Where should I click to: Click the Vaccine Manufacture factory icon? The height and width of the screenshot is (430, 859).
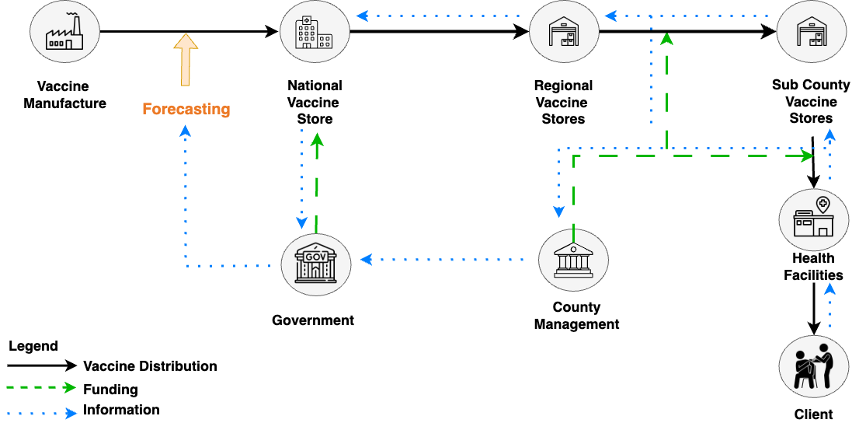[x=64, y=33]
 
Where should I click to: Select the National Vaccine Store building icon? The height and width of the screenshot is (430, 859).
[x=315, y=33]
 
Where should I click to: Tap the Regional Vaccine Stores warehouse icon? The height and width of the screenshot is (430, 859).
[x=564, y=33]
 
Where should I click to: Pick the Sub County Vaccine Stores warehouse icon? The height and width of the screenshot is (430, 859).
[x=812, y=33]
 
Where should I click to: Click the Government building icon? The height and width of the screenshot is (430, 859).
[x=315, y=260]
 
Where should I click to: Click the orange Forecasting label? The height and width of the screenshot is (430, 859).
[x=186, y=109]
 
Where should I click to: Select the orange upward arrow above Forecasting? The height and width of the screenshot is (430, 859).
[x=185, y=60]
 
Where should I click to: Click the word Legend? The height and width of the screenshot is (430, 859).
[x=33, y=346]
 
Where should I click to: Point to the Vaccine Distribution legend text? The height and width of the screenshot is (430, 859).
[x=150, y=366]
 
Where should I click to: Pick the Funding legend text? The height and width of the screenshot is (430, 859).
[x=110, y=390]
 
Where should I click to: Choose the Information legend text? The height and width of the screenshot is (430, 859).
[x=121, y=410]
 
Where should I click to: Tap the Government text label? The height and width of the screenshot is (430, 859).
[x=313, y=320]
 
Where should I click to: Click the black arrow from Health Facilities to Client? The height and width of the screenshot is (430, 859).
[x=813, y=306]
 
